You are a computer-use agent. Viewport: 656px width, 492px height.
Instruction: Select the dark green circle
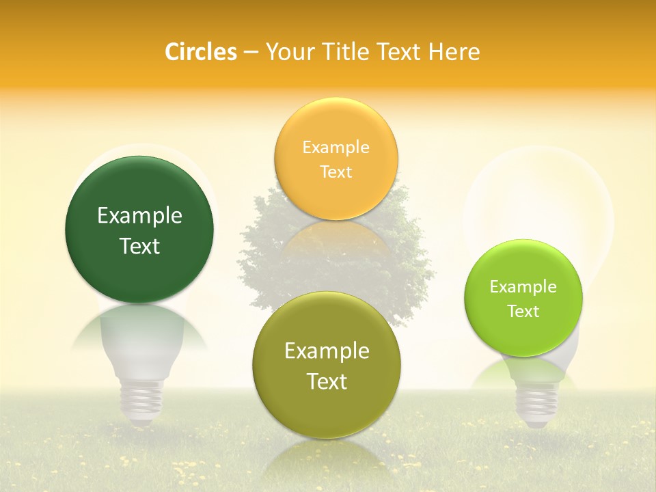tap(139, 205)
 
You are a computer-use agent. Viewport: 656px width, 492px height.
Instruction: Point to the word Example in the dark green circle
tap(139, 216)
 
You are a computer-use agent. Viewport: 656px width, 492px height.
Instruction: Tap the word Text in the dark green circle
tap(139, 246)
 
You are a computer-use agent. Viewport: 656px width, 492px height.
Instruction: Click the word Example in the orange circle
tap(336, 147)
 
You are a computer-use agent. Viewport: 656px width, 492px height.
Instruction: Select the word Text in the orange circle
tap(336, 172)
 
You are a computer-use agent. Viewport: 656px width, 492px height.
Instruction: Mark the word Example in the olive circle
tap(327, 351)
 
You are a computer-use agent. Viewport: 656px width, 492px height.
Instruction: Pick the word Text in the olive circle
tap(327, 381)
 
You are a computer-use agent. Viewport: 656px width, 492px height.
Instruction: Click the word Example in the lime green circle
tap(523, 287)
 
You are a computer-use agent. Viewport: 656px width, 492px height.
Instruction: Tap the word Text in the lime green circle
tap(523, 312)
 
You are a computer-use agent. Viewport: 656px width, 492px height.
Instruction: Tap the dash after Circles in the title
tap(250, 52)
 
